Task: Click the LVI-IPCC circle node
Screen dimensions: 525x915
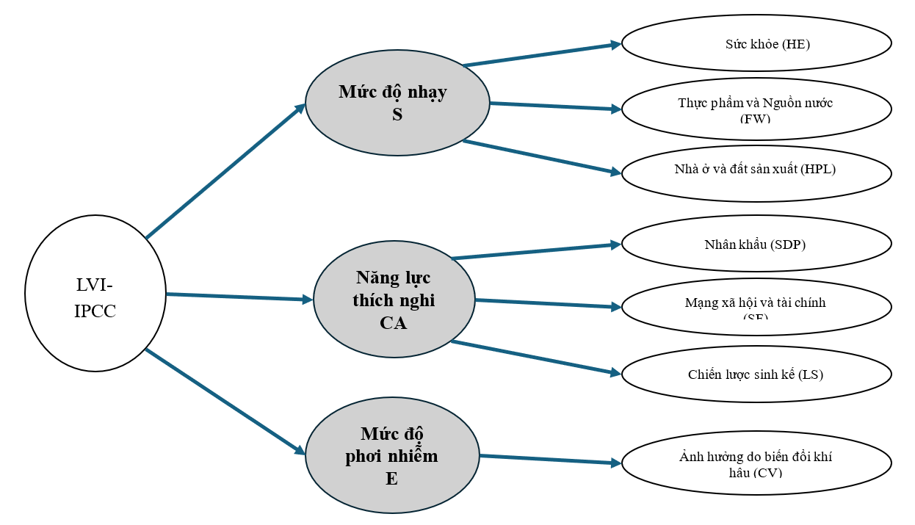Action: (95, 293)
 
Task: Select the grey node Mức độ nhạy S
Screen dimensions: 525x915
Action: (397, 103)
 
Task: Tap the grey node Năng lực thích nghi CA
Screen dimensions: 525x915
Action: (394, 299)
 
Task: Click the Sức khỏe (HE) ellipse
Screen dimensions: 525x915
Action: (756, 43)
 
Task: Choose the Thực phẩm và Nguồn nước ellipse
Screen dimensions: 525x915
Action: (756, 108)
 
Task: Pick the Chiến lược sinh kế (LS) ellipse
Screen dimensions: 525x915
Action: (756, 374)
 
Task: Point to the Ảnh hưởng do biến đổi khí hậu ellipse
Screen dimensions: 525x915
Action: (756, 463)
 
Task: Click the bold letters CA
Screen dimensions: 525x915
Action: (394, 322)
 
